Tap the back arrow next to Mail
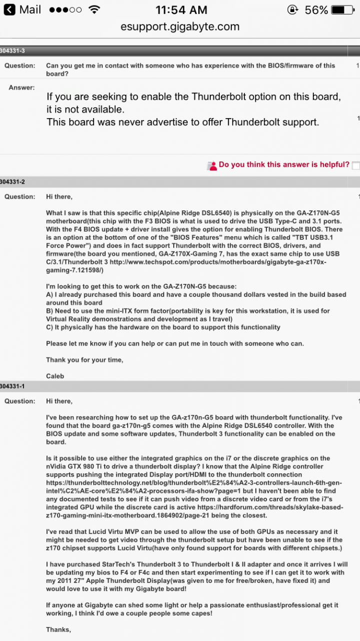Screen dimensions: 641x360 [9, 10]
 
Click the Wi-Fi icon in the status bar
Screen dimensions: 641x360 [94, 10]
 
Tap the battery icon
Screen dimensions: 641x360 [345, 10]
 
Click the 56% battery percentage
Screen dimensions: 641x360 [316, 10]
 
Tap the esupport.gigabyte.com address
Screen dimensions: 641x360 [180, 27]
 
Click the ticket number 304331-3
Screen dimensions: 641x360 [13, 51]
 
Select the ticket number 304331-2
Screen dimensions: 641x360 [13, 182]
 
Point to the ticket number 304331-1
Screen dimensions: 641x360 [13, 386]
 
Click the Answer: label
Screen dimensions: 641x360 [22, 88]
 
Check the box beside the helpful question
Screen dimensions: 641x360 [355, 165]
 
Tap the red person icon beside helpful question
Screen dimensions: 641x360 [212, 165]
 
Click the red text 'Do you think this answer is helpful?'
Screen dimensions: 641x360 [284, 165]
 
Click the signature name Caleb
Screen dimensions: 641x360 [55, 376]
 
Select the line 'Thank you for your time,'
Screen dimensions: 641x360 [84, 360]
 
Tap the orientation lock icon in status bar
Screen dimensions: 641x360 [293, 10]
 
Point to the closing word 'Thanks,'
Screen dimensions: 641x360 [59, 629]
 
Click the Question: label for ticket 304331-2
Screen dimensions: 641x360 [20, 197]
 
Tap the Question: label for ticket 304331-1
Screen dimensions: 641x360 [20, 401]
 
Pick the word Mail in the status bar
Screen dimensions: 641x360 [30, 10]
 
